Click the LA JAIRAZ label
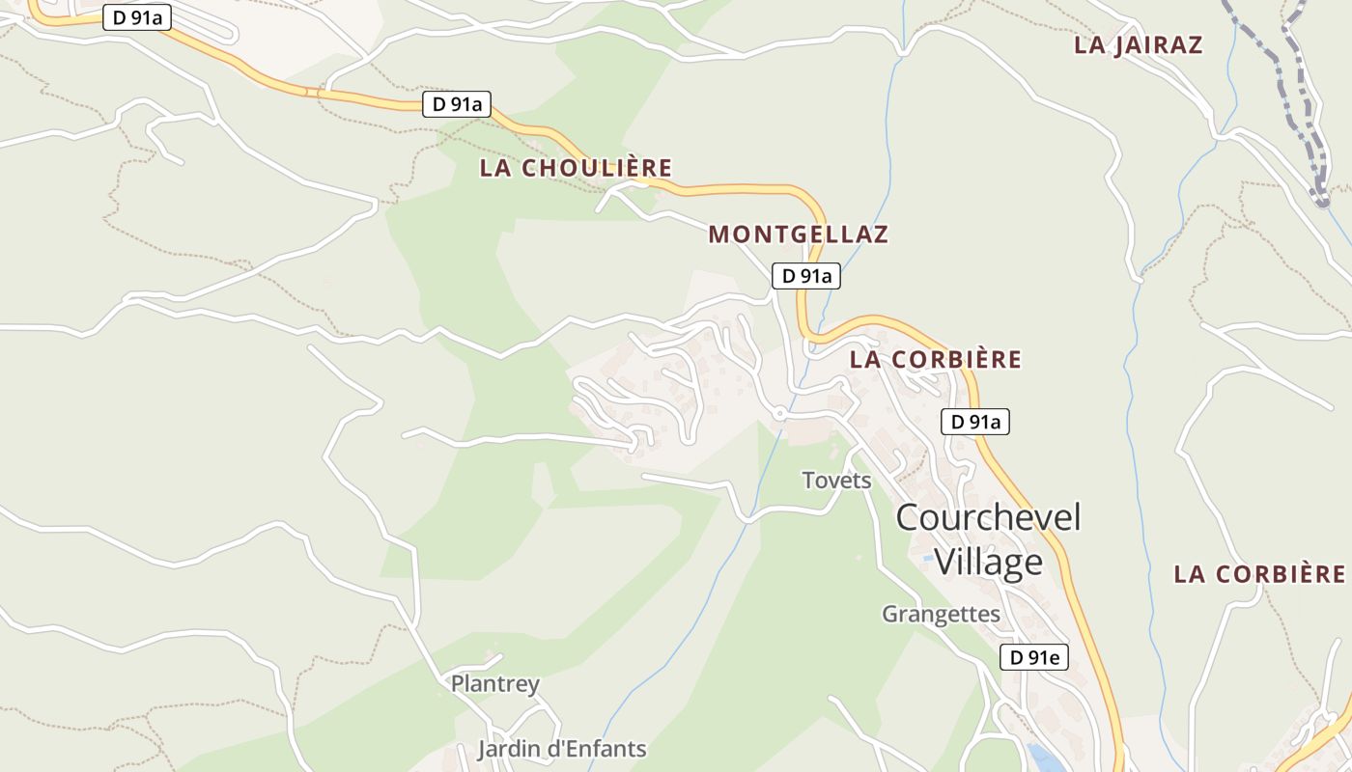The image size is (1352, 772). pos(1138,45)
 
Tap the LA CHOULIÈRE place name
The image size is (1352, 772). pos(576,168)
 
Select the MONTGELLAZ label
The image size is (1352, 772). pos(798,234)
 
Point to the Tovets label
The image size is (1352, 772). pos(836,481)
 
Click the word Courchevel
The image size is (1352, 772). pos(987,517)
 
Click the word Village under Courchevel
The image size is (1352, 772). pos(989,562)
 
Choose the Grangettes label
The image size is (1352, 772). pos(941,614)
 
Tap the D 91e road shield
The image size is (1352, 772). pos(1033,658)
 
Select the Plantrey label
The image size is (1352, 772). pos(495,684)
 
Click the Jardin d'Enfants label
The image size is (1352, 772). pos(562,749)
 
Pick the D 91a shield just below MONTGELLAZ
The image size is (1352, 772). pos(806,276)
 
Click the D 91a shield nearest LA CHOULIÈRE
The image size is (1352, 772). pos(457,104)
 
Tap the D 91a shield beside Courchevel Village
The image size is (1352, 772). pos(974,422)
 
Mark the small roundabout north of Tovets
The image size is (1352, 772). pos(779,414)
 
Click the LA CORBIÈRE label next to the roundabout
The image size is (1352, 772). pos(935,360)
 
